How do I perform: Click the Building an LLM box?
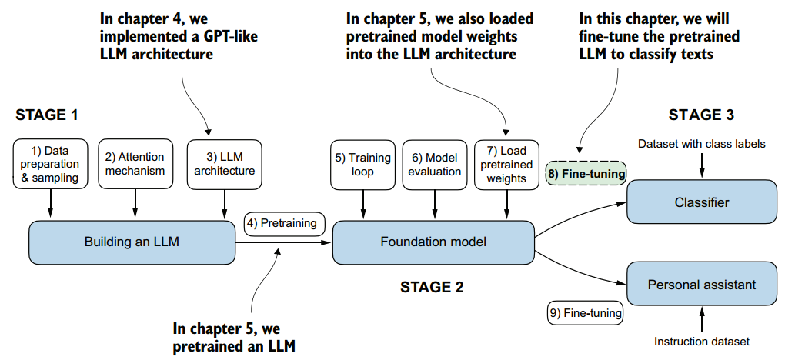tap(132, 242)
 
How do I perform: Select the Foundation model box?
tap(433, 242)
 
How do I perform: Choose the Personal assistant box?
tap(702, 285)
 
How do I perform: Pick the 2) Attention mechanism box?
tap(135, 164)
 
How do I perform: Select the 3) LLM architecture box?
tap(224, 164)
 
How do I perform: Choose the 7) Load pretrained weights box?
tap(506, 164)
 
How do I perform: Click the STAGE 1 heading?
tap(47, 116)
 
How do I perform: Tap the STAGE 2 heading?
tap(432, 288)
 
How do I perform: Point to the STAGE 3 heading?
tap(701, 115)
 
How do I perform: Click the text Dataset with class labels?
tap(702, 144)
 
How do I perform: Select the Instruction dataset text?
tap(702, 342)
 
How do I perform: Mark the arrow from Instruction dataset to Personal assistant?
tap(702, 319)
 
